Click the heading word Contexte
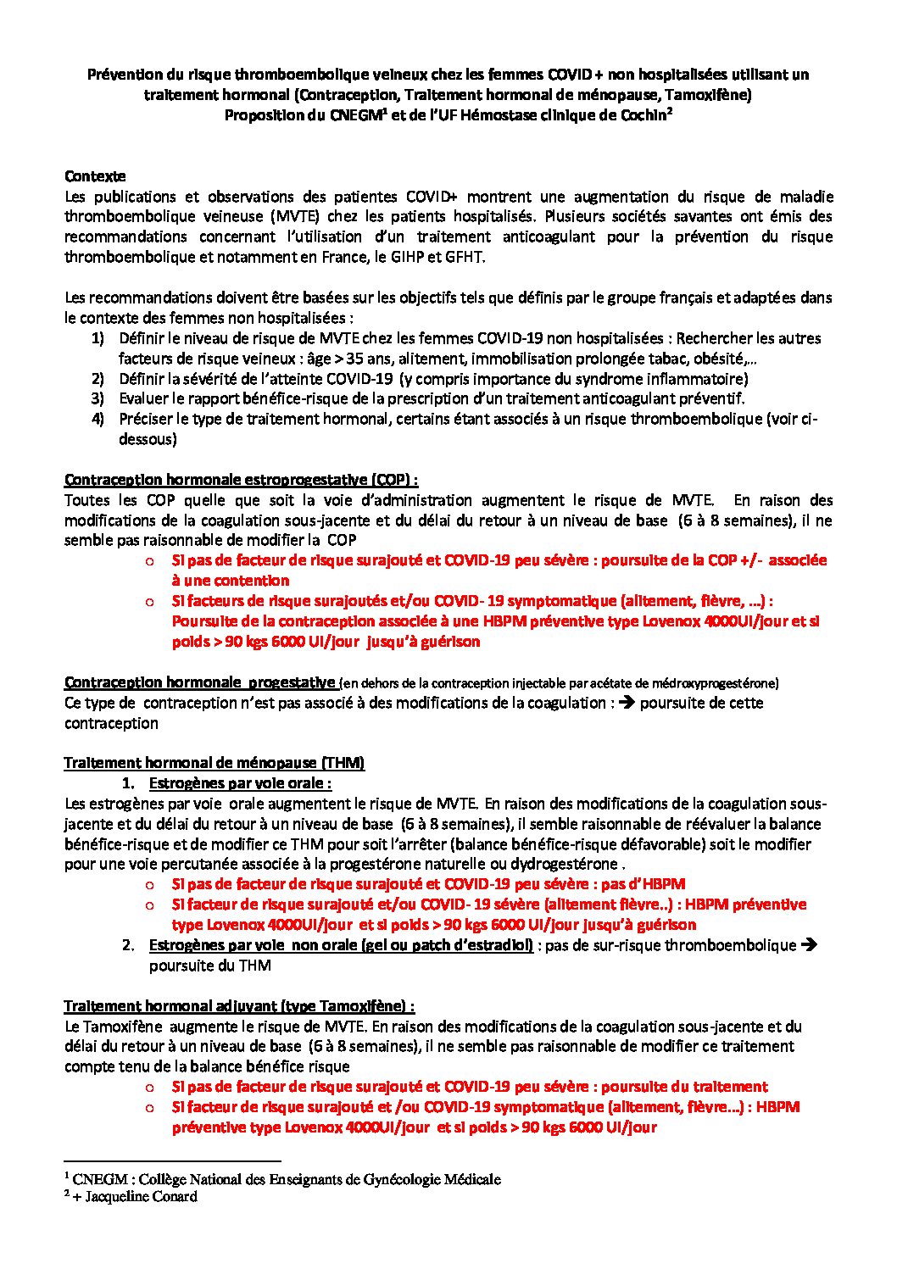tap(95, 176)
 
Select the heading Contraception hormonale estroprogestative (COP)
tap(241, 480)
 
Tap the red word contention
tap(231, 581)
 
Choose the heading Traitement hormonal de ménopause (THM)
tap(214, 763)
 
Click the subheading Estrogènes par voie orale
tap(240, 783)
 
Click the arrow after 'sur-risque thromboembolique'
tap(809, 945)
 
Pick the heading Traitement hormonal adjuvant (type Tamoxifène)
tap(239, 1006)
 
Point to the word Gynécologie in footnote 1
tap(400, 1179)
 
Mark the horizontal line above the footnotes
tap(172, 1161)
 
